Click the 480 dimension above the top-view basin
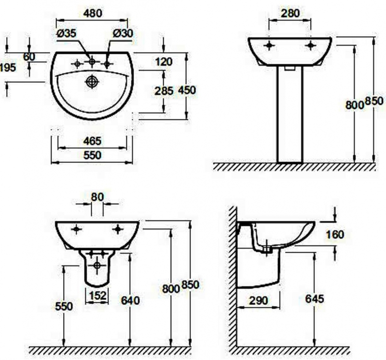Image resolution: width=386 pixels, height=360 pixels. pyautogui.click(x=92, y=13)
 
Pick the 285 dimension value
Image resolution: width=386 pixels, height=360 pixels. pyautogui.click(x=164, y=90)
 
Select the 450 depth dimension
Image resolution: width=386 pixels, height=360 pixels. pyautogui.click(x=188, y=90)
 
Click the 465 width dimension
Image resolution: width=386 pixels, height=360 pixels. pyautogui.click(x=92, y=141)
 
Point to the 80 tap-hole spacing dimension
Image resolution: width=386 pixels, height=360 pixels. pyautogui.click(x=97, y=197)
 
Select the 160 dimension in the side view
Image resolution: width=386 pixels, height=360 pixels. pyautogui.click(x=334, y=235)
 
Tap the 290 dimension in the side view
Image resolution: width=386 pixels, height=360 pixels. pyautogui.click(x=259, y=300)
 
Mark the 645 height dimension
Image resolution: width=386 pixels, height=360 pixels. pyautogui.click(x=315, y=299)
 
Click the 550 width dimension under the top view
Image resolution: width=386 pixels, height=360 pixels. pyautogui.click(x=92, y=155)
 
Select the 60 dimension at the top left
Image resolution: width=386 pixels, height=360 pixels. pyautogui.click(x=29, y=56)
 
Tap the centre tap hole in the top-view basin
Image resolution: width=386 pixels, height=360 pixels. pyautogui.click(x=92, y=62)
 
